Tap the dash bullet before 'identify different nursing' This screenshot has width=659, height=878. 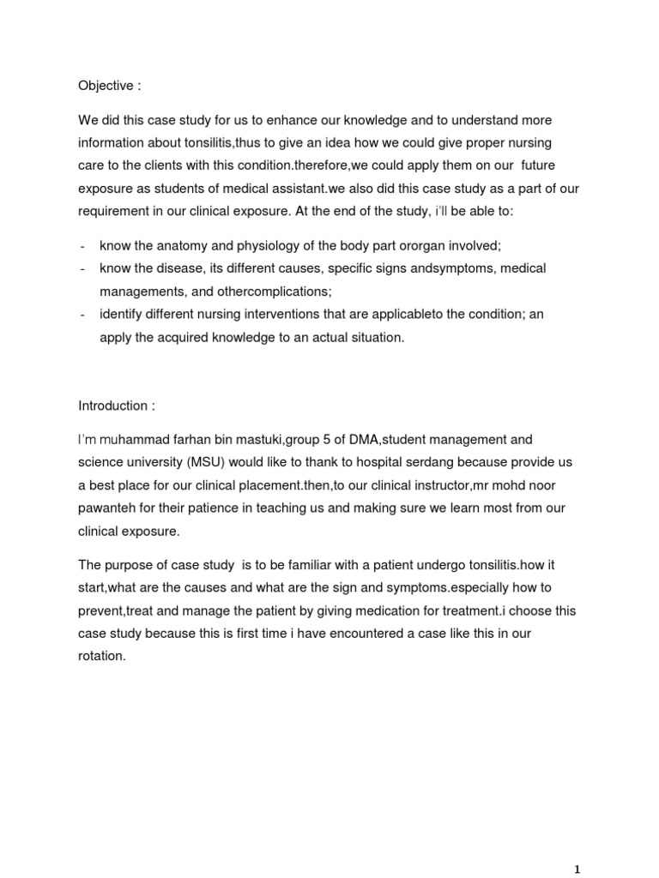[82, 315]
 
